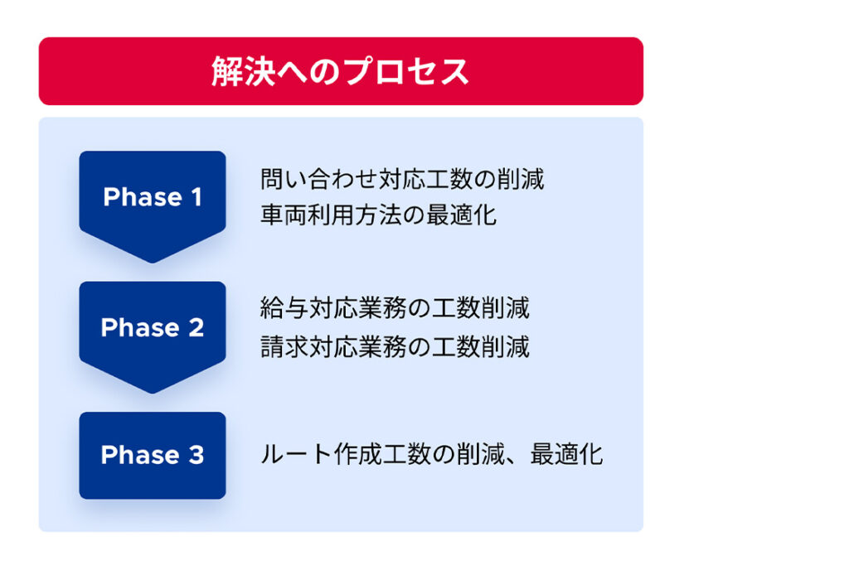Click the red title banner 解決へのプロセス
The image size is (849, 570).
tap(341, 71)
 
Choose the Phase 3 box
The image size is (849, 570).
tap(153, 456)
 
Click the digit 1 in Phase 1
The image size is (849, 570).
tap(196, 197)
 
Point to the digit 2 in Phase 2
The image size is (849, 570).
tap(196, 328)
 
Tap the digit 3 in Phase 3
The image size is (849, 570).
tap(196, 455)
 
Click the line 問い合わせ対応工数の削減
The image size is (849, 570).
tap(402, 179)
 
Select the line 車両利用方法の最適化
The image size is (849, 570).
tap(378, 215)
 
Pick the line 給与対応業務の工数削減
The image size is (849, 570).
tap(395, 307)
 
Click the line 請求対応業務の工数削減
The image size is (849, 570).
tap(395, 346)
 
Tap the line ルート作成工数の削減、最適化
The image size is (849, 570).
tap(431, 454)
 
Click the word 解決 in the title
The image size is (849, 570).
tap(244, 71)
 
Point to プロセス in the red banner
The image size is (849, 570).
tap(406, 71)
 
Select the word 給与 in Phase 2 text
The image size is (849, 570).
tap(284, 307)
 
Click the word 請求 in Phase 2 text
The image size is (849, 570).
tap(284, 346)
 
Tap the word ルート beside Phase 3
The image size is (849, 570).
tap(296, 454)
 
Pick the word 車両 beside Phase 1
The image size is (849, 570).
tap(284, 215)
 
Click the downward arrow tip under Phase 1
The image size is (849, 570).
tap(153, 263)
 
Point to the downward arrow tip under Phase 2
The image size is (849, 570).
tap(153, 393)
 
